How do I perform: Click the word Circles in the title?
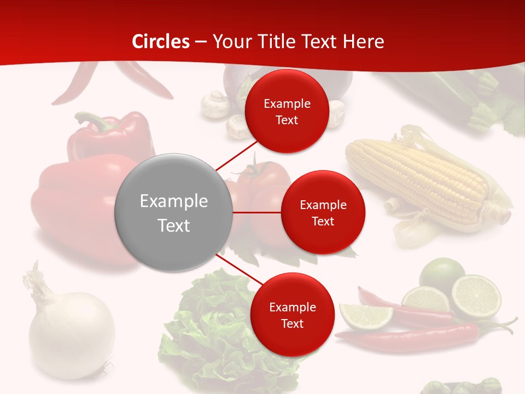click(161, 42)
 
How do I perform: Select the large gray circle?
click(173, 212)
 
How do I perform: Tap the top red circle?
click(287, 111)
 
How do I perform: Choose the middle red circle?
click(323, 212)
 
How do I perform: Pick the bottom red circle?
click(292, 315)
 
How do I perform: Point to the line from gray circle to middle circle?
click(256, 212)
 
